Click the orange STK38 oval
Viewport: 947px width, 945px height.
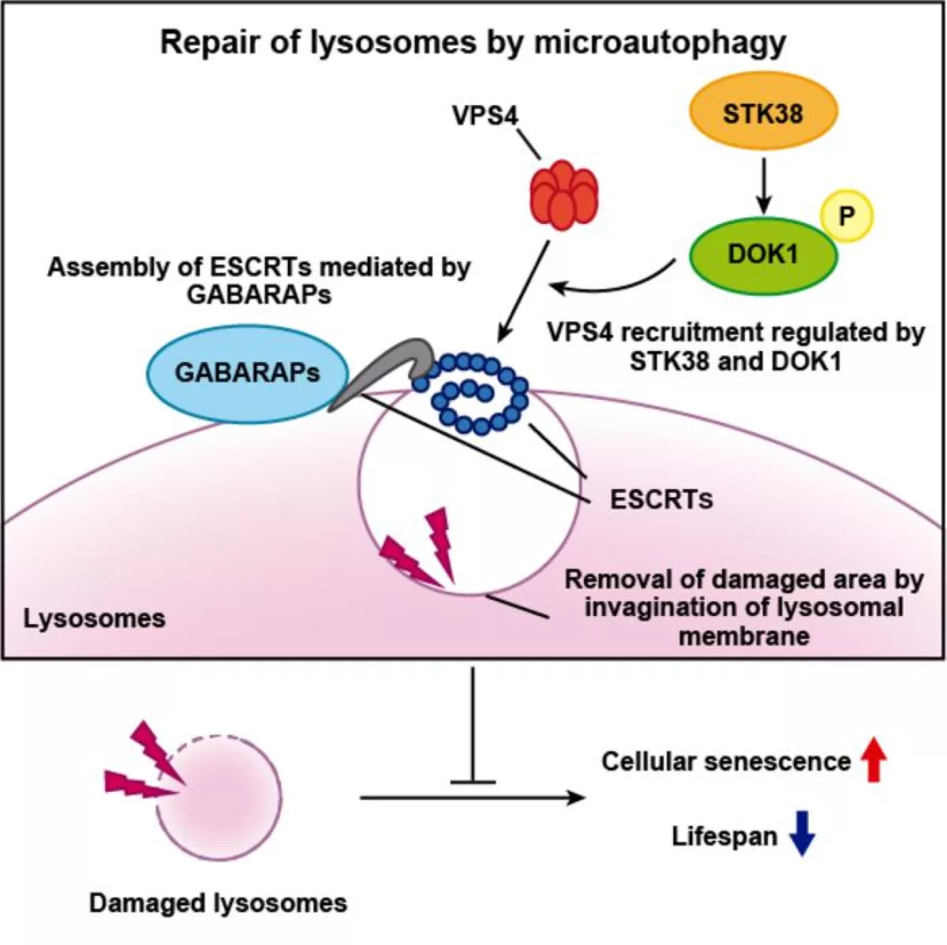[763, 114]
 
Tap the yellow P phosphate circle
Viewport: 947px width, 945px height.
[847, 215]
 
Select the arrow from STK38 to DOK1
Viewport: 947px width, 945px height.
[763, 185]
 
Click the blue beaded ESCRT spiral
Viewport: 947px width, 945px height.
[474, 394]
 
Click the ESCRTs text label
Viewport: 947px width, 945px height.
[661, 499]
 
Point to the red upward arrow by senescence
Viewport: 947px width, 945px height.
[873, 760]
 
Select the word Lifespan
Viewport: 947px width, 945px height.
[724, 836]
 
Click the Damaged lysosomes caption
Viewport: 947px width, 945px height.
[218, 902]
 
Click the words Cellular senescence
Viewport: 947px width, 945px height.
[725, 761]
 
